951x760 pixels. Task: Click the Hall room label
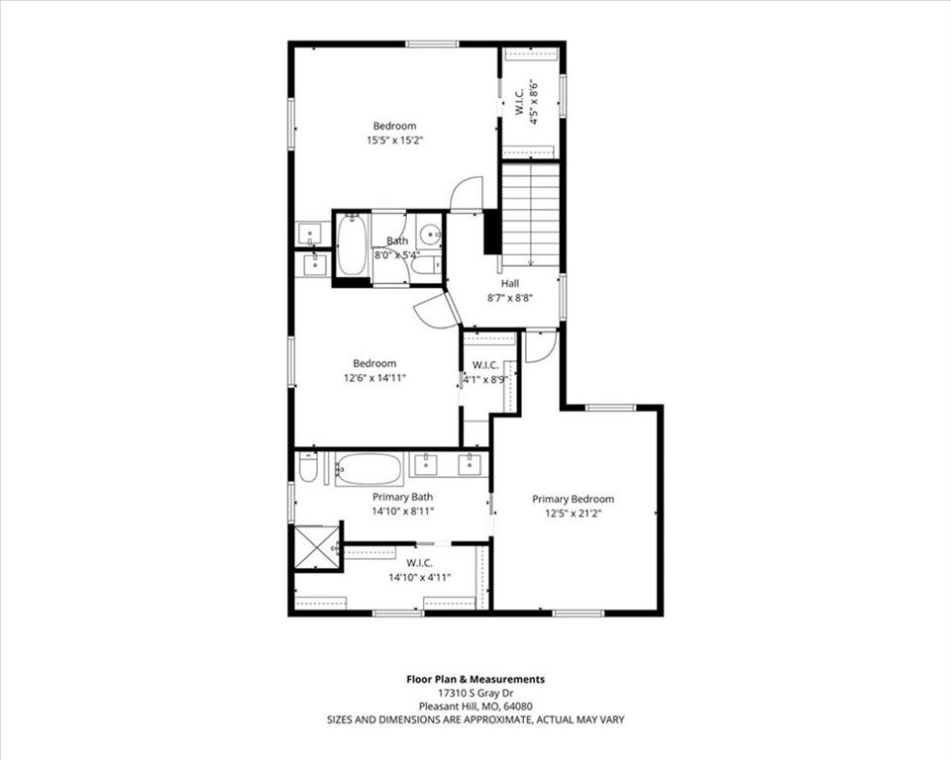(509, 283)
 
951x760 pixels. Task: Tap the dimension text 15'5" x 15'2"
(394, 141)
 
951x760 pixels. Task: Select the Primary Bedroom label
(574, 499)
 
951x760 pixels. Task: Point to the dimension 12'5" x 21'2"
(574, 514)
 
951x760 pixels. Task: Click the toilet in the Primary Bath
(308, 468)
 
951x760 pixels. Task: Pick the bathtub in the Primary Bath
(369, 469)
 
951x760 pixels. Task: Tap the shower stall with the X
(317, 547)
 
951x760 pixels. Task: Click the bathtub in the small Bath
(351, 244)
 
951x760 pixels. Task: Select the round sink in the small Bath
(432, 232)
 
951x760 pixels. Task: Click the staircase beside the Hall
(530, 215)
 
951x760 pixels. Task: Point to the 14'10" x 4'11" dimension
(420, 578)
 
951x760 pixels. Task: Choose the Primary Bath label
(403, 497)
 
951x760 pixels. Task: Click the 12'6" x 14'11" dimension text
(374, 378)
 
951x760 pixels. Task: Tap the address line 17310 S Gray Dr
(475, 694)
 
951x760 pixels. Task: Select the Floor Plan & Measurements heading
(475, 680)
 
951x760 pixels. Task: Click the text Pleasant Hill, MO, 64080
(475, 707)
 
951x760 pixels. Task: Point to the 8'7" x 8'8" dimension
(510, 298)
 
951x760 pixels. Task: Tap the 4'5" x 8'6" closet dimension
(534, 102)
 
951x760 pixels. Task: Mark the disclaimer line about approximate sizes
(475, 720)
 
